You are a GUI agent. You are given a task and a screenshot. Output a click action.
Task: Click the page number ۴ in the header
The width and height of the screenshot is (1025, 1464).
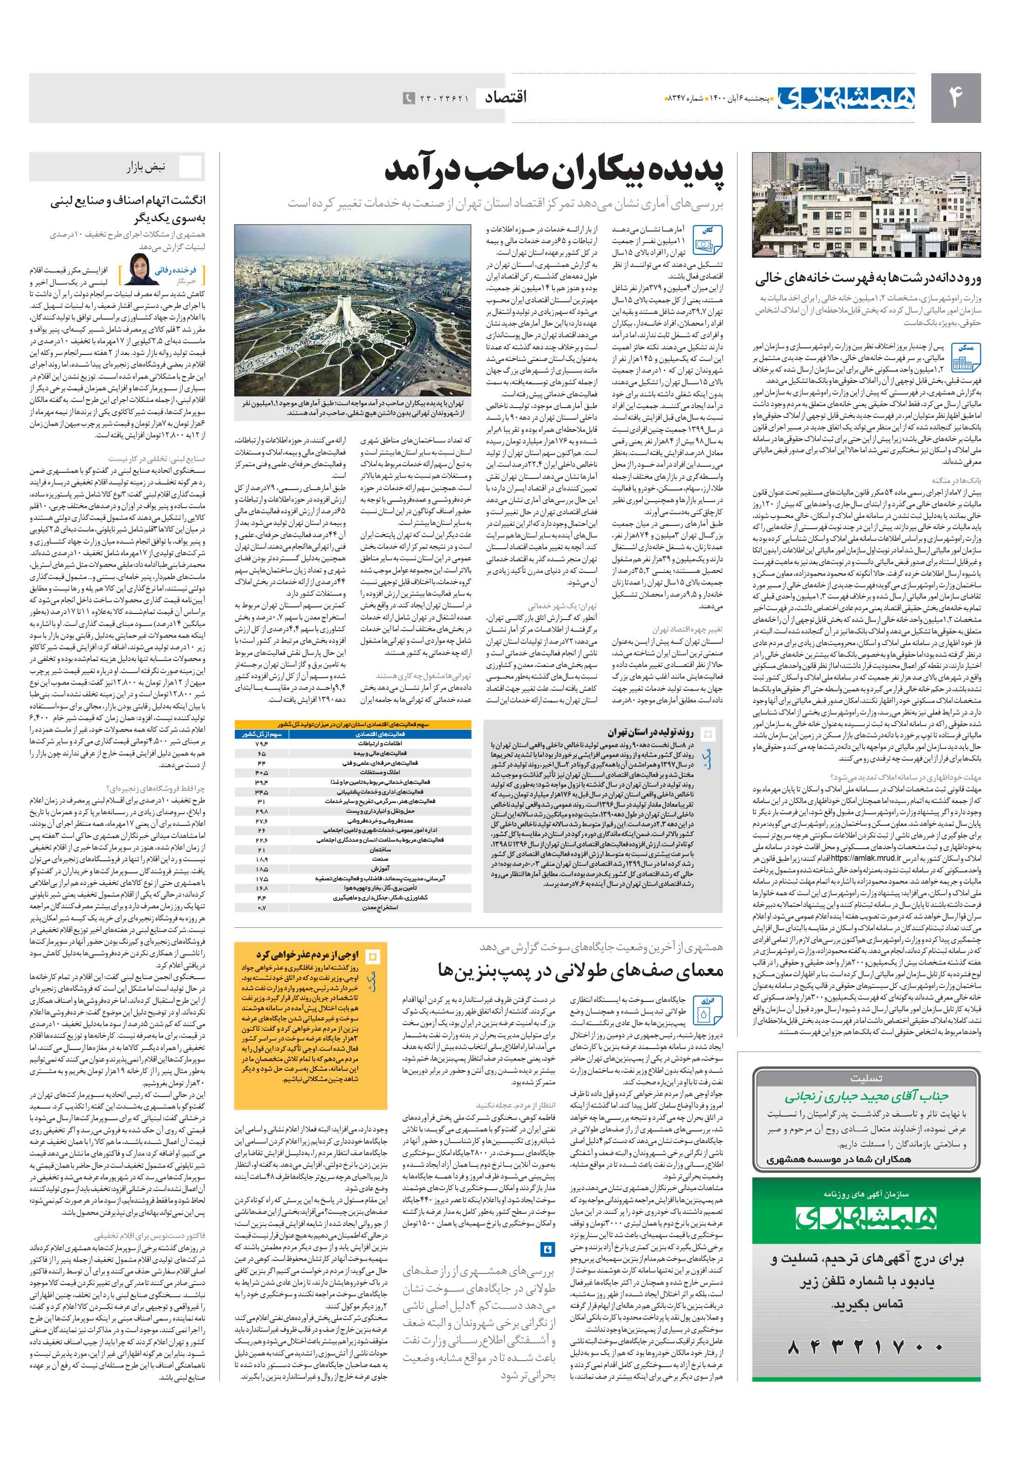pos(955,97)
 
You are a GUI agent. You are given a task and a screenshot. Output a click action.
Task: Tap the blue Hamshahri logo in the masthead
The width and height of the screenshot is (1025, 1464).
pos(845,97)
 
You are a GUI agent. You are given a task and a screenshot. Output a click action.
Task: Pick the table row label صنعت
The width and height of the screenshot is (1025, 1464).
pos(380,859)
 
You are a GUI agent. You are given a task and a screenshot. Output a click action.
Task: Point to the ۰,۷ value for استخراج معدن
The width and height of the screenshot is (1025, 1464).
pos(261,907)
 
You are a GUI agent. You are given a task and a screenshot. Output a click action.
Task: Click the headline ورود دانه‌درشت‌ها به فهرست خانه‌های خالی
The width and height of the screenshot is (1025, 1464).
pos(868,279)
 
